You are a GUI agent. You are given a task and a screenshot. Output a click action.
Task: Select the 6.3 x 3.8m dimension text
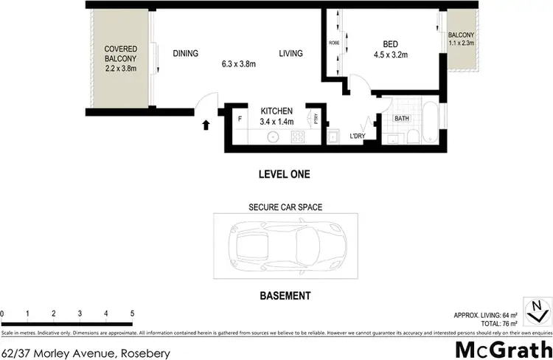[x=237, y=63]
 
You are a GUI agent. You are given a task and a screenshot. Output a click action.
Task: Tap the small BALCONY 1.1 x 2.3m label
[x=461, y=39]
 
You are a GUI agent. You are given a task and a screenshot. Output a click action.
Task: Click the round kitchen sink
[x=272, y=136]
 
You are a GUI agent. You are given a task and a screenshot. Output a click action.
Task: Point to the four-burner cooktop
[x=299, y=136]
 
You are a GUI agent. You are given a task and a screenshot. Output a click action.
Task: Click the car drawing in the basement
[x=285, y=246]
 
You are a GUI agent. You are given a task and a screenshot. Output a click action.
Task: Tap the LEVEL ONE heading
[x=285, y=175]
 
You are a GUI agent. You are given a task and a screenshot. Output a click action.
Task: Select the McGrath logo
[x=504, y=348]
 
